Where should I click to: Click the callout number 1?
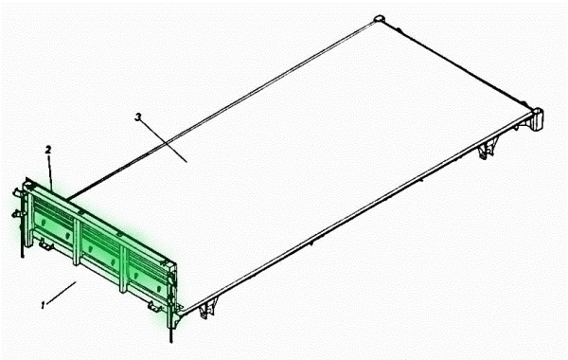[x=44, y=305]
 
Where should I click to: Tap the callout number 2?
[x=48, y=150]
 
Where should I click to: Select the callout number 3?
[x=137, y=117]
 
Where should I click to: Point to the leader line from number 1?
[x=62, y=292]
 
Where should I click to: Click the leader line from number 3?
[x=164, y=141]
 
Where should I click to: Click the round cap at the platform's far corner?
[x=378, y=19]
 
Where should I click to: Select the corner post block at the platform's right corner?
[x=538, y=118]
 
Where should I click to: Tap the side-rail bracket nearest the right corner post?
[x=487, y=150]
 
